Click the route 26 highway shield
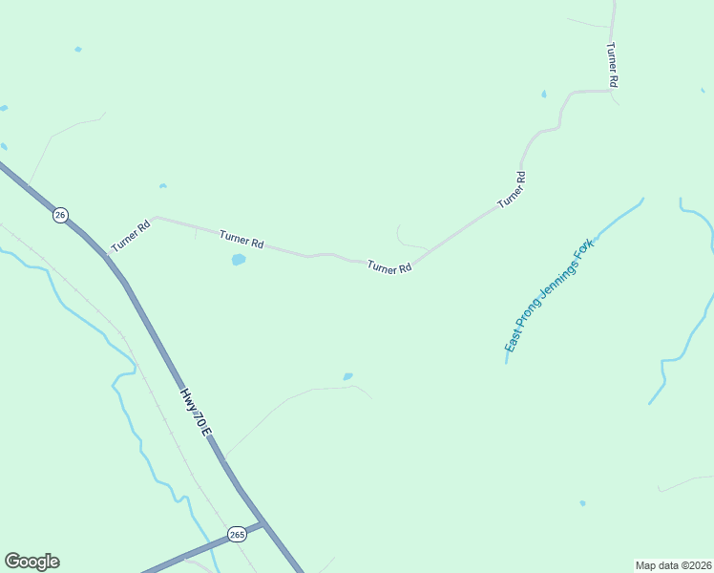pyautogui.click(x=60, y=215)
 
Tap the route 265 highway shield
pyautogui.click(x=237, y=534)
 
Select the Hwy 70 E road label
pyautogui.click(x=196, y=412)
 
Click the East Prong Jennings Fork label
pyautogui.click(x=549, y=296)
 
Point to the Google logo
pyautogui.click(x=31, y=562)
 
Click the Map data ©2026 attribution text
pyautogui.click(x=673, y=564)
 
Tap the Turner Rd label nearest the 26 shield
pyautogui.click(x=131, y=237)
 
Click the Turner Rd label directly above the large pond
pyautogui.click(x=241, y=239)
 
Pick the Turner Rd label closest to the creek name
pyautogui.click(x=512, y=190)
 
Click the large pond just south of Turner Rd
pyautogui.click(x=239, y=259)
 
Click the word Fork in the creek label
pyautogui.click(x=582, y=253)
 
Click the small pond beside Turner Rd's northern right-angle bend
pyautogui.click(x=543, y=95)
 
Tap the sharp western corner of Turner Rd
pyautogui.click(x=156, y=218)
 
